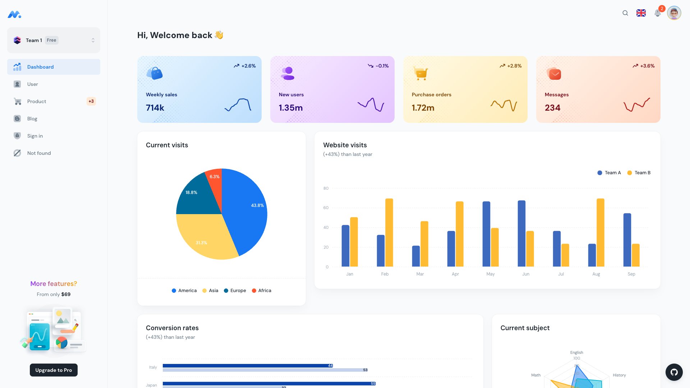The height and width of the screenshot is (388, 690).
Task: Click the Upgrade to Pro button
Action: pyautogui.click(x=54, y=370)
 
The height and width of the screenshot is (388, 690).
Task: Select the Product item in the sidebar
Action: pyautogui.click(x=37, y=101)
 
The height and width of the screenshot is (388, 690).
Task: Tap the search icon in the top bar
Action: pyautogui.click(x=625, y=13)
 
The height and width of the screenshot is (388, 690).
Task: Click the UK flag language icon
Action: pyautogui.click(x=641, y=13)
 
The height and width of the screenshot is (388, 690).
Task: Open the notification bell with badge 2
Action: pyautogui.click(x=658, y=13)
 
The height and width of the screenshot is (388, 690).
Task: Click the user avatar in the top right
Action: pyautogui.click(x=674, y=13)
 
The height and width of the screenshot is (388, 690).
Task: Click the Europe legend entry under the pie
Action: pyautogui.click(x=235, y=291)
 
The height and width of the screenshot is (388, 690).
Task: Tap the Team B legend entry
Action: pyautogui.click(x=639, y=173)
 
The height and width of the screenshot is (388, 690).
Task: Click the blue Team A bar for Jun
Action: pyautogui.click(x=521, y=234)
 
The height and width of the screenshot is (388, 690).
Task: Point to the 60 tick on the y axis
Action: pyautogui.click(x=326, y=208)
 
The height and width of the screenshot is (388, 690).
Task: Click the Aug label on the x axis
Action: pyautogui.click(x=596, y=274)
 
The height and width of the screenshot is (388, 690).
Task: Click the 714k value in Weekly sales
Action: pyautogui.click(x=155, y=108)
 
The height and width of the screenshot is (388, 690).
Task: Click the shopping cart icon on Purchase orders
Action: pyautogui.click(x=420, y=73)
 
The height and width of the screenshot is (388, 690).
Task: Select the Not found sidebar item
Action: pyautogui.click(x=39, y=153)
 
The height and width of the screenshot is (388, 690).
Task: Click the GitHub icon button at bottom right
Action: pyautogui.click(x=674, y=372)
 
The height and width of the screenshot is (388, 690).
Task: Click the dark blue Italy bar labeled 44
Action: pyautogui.click(x=248, y=366)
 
